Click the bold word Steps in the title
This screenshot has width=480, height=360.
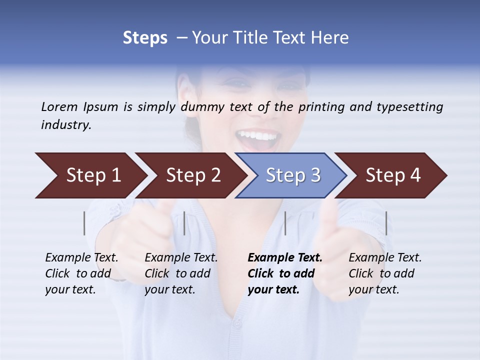point(145,38)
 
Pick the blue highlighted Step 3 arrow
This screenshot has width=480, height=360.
point(292,175)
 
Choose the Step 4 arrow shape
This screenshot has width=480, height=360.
point(393,175)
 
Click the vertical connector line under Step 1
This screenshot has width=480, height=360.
point(84,223)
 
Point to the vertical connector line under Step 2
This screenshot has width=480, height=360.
point(184,223)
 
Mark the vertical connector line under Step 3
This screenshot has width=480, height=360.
point(285,223)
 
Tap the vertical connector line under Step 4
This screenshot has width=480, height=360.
point(386,223)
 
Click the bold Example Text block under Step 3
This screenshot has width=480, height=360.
point(284,273)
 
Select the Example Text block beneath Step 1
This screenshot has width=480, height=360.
point(81,273)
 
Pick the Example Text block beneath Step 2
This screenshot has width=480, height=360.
point(181,273)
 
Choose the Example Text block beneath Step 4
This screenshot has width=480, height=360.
point(385,273)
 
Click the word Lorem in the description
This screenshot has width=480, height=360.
point(59,106)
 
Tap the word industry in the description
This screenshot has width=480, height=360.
point(65,125)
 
